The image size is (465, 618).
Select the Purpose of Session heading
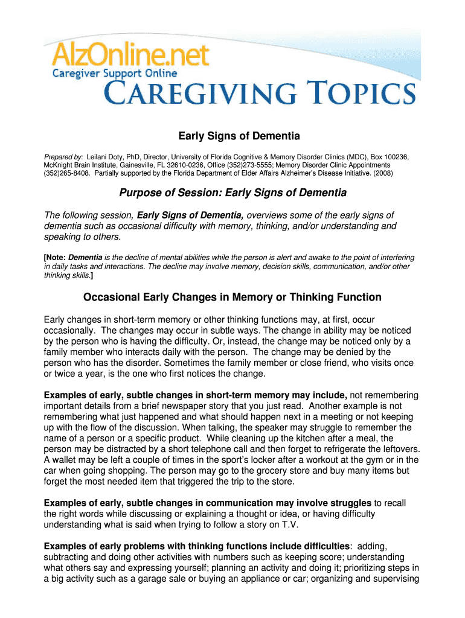[232, 193]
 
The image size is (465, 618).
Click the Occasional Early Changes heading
[232, 297]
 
